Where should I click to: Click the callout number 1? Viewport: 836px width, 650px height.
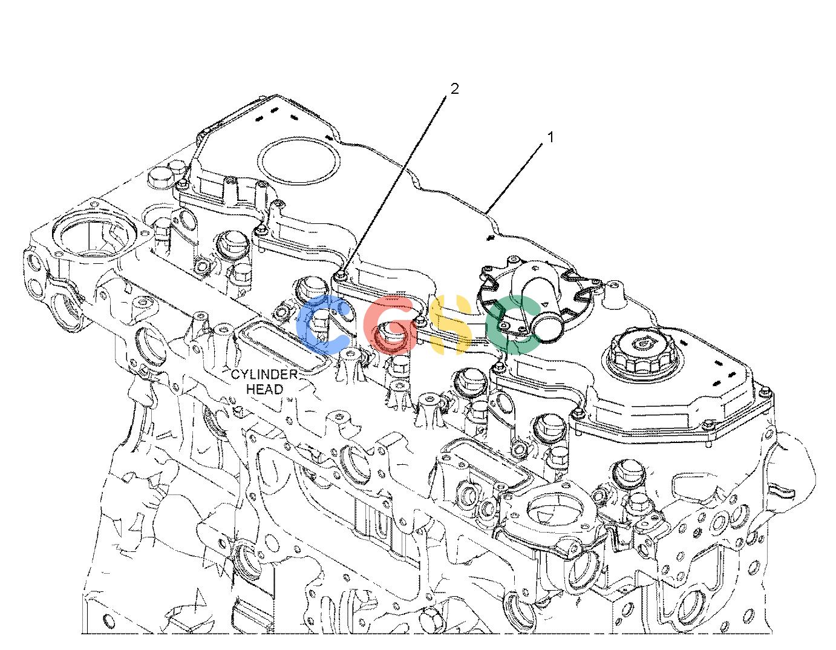click(550, 137)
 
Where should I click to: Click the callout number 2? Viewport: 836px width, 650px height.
click(454, 90)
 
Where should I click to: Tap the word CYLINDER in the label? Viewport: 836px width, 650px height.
click(264, 374)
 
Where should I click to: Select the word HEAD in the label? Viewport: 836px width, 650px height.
click(264, 389)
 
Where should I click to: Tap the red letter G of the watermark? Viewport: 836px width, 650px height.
click(390, 324)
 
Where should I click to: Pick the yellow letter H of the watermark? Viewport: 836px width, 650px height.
click(451, 324)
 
